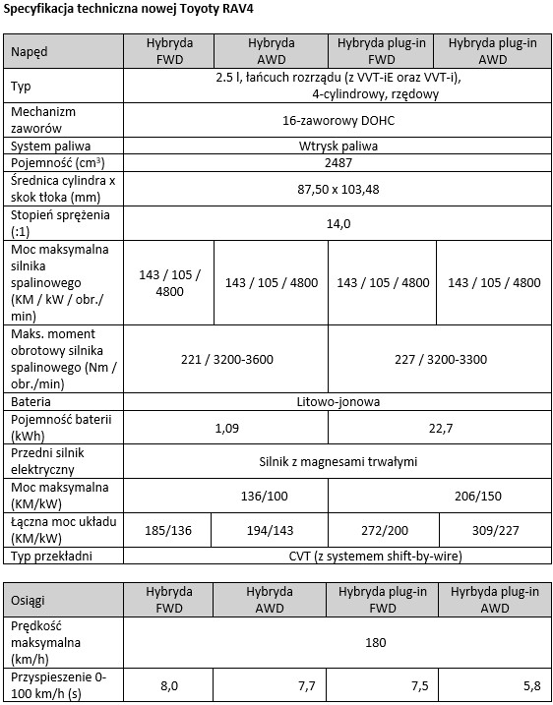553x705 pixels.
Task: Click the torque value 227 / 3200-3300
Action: (437, 359)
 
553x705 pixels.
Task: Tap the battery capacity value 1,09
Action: (225, 427)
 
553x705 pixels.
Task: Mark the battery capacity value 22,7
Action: (437, 427)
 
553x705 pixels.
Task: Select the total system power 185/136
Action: (169, 530)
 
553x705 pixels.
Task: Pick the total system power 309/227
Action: (493, 530)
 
